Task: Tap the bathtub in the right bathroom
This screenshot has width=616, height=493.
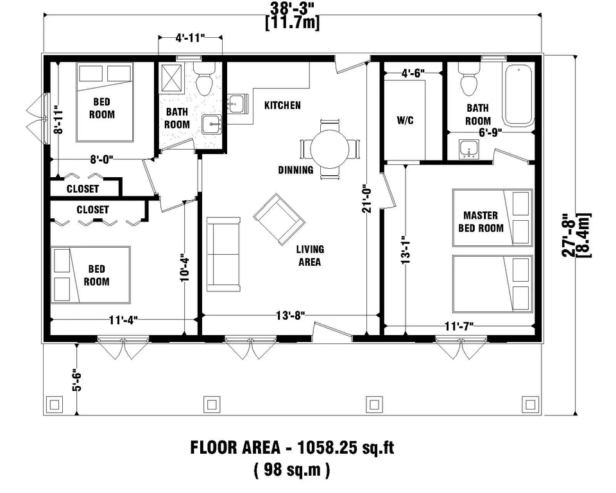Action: click(x=518, y=94)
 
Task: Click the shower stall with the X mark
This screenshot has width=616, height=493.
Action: click(x=176, y=80)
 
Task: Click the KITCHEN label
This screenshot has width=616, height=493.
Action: click(x=282, y=105)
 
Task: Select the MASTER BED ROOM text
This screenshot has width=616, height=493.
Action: click(x=483, y=221)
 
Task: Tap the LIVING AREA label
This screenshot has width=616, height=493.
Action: click(x=309, y=255)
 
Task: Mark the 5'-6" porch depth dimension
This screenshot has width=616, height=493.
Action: click(x=76, y=379)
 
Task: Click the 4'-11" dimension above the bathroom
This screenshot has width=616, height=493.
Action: click(x=190, y=39)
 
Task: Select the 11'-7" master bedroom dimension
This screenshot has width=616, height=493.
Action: click(x=459, y=326)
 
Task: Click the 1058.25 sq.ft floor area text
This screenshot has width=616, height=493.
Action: click(x=292, y=447)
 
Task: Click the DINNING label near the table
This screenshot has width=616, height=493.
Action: click(x=296, y=170)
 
